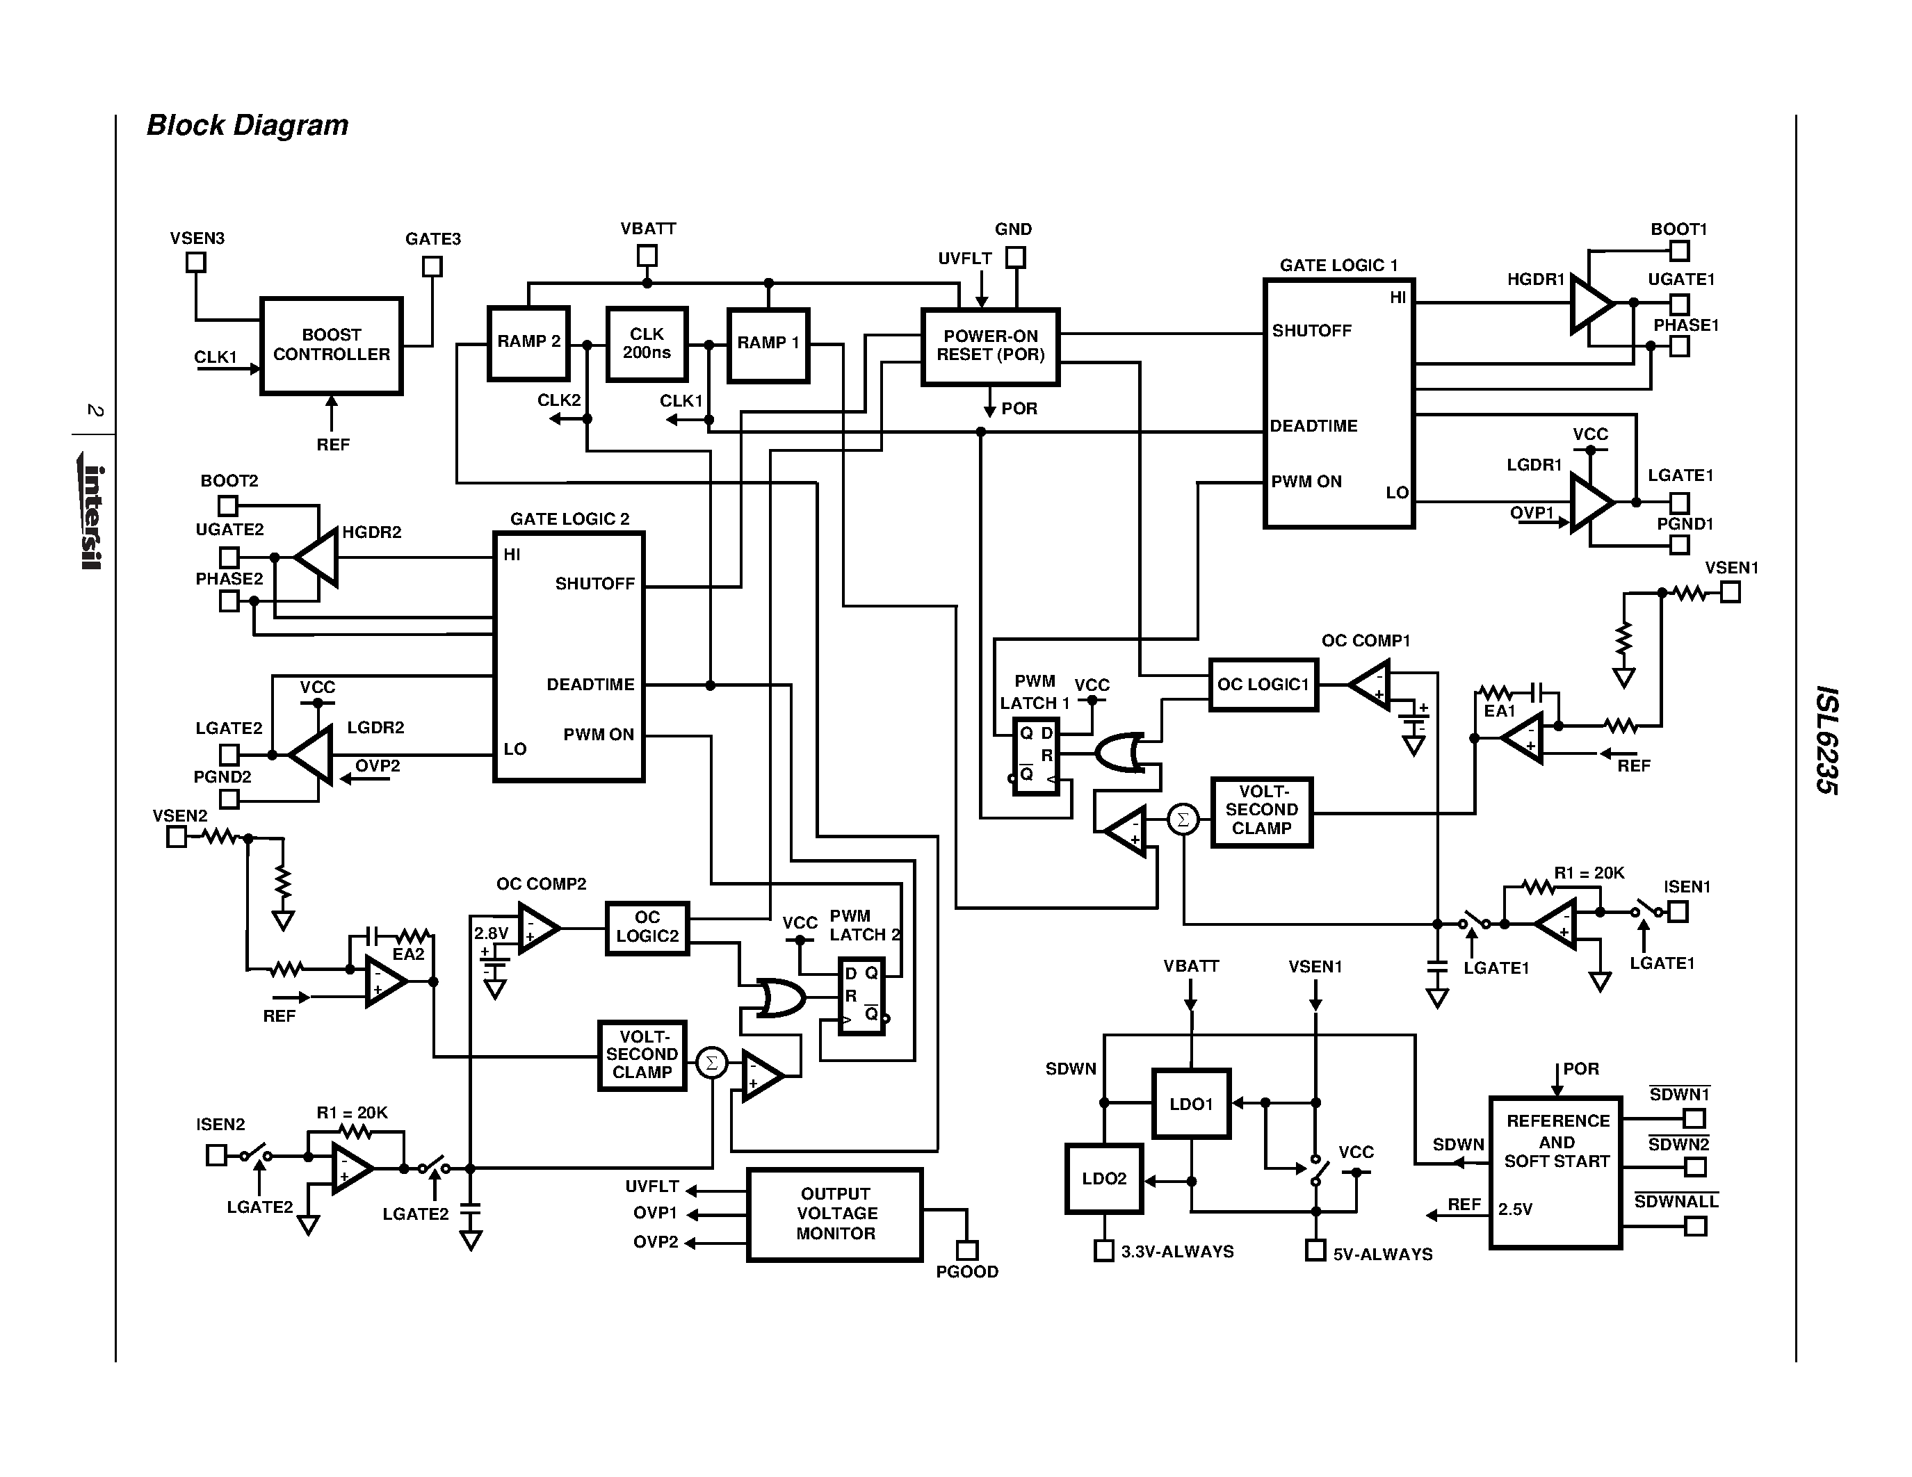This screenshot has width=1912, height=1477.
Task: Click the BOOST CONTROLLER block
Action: click(331, 345)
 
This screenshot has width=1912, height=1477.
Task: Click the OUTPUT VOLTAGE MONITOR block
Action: click(834, 1214)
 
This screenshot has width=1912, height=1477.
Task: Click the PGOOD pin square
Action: click(966, 1250)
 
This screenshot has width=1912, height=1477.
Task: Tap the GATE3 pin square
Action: click(432, 266)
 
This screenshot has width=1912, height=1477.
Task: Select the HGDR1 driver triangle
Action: click(1588, 304)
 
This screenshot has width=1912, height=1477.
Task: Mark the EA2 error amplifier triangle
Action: click(382, 981)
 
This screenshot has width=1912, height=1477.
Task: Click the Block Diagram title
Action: click(247, 125)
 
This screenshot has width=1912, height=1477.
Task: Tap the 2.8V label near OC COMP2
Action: click(490, 933)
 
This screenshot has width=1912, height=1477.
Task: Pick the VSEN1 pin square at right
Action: click(1730, 592)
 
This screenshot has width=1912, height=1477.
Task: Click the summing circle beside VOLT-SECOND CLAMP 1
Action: click(1183, 819)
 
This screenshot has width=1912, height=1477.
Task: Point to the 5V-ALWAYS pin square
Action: click(1314, 1250)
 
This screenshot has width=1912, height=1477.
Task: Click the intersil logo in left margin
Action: click(92, 516)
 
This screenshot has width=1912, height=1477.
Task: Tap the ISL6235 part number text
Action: click(1826, 740)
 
